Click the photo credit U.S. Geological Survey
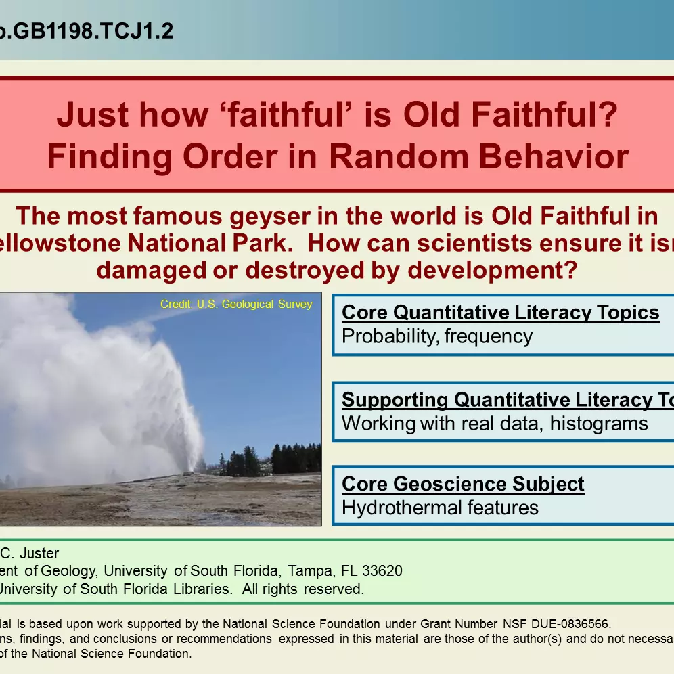tap(236, 305)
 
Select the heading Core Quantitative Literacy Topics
tap(501, 313)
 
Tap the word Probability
tap(388, 336)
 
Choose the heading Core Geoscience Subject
tap(463, 485)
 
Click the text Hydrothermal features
tap(440, 508)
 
